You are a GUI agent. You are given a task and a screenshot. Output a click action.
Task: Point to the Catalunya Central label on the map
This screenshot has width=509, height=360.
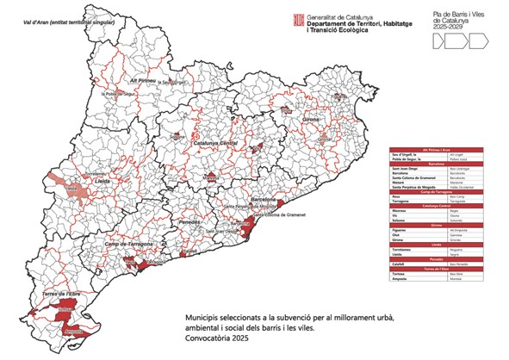214,143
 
